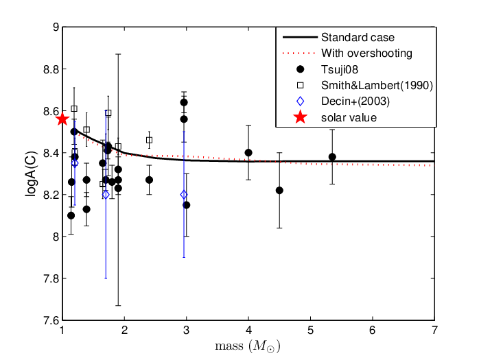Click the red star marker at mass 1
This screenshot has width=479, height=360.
[62, 119]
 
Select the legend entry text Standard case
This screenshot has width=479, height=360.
[358, 38]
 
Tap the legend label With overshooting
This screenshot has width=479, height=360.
[366, 53]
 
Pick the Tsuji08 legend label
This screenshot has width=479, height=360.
[340, 70]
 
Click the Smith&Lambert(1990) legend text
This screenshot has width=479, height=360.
[377, 86]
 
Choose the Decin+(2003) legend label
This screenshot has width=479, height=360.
[355, 101]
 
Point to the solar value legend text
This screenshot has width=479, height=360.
[349, 117]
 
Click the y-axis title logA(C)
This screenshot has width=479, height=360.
[32, 173]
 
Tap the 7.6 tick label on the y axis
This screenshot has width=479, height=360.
[50, 321]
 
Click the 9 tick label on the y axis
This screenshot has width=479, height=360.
[56, 27]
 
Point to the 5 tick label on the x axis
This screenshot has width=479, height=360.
[310, 331]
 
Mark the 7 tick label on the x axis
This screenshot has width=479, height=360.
[434, 331]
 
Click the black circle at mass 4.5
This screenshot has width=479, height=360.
[279, 190]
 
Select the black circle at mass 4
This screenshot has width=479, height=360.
[248, 153]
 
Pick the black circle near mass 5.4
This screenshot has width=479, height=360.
[332, 157]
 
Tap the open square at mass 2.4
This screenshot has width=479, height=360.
[149, 140]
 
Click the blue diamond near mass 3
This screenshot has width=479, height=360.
[184, 195]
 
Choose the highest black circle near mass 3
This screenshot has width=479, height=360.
[184, 102]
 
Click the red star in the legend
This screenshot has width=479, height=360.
[301, 117]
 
